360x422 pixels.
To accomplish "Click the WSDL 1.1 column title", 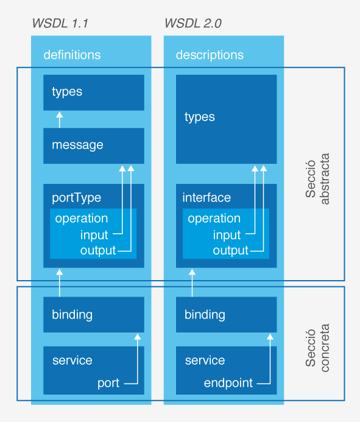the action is coord(60,23).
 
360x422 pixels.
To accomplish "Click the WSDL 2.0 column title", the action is coord(193,23).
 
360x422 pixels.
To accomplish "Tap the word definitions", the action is coord(72,55).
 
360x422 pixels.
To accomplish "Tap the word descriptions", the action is coord(210,55).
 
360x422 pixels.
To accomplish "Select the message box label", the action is coord(77,146).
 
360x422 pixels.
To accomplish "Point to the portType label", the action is coord(77,198).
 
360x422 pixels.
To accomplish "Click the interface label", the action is coord(206,197).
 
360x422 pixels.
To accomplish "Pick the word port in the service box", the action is coord(108,383).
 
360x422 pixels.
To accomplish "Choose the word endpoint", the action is coord(228,383).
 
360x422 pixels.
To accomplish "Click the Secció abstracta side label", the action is coord(317,179).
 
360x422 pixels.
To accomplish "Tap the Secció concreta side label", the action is coord(317,348).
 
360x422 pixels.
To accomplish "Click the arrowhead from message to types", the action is coord(60,115).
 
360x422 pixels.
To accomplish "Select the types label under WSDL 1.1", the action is coord(67,92).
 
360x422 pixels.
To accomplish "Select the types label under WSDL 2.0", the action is coord(200,118).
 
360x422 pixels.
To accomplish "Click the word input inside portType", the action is coord(94,235).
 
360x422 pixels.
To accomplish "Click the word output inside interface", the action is coord(230,251).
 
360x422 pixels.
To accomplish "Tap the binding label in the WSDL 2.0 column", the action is coord(205,315).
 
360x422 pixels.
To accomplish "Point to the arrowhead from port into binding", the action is coord(137,337).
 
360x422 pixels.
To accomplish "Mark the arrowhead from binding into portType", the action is coord(60,272).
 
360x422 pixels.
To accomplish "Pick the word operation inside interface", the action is coord(214,219).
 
